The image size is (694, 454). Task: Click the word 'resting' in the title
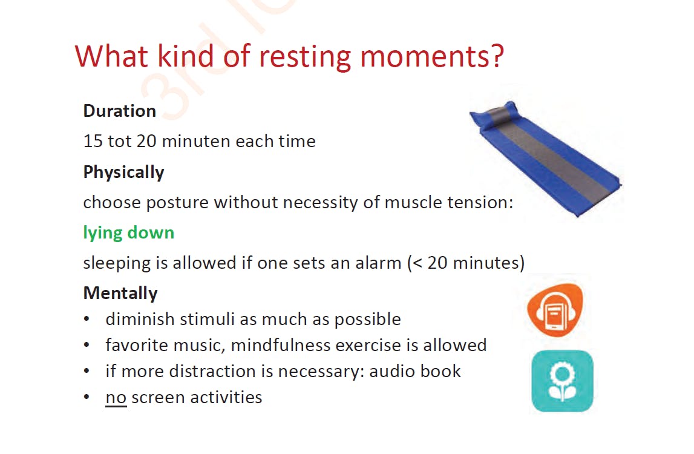pyautogui.click(x=305, y=58)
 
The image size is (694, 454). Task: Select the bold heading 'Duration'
pyautogui.click(x=120, y=111)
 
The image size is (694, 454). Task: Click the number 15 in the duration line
pyautogui.click(x=93, y=141)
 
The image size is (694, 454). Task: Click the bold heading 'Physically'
pyautogui.click(x=123, y=173)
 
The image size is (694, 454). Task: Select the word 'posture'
pyautogui.click(x=177, y=203)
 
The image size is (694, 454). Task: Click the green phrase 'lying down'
pyautogui.click(x=129, y=233)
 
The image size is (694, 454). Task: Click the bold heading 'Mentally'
pyautogui.click(x=120, y=293)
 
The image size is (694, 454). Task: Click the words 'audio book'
pyautogui.click(x=415, y=371)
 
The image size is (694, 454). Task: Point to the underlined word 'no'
pyautogui.click(x=116, y=398)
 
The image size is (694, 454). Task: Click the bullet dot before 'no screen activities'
pyautogui.click(x=87, y=397)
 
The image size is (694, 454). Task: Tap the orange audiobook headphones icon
pyautogui.click(x=555, y=309)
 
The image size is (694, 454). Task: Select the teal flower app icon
pyautogui.click(x=562, y=381)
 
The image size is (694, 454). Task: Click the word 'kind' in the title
pyautogui.click(x=186, y=56)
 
